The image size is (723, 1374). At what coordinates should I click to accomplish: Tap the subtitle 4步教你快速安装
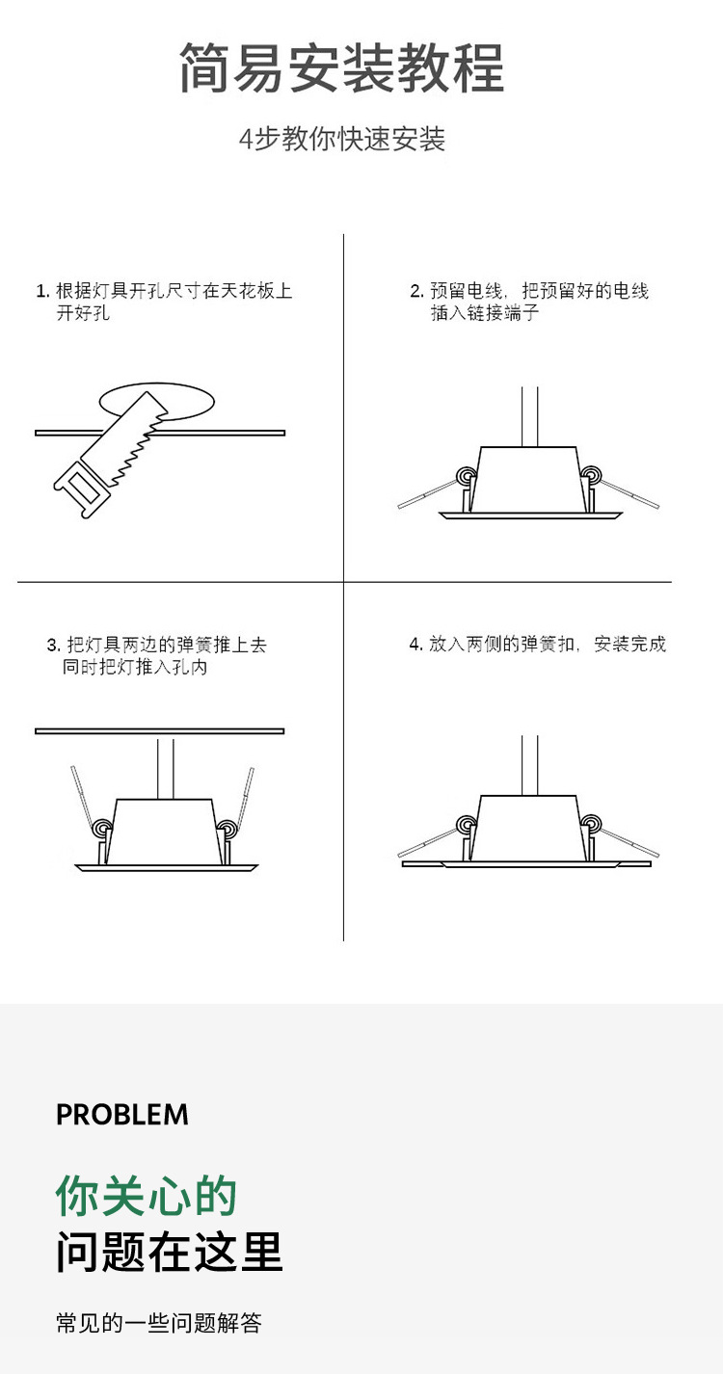[342, 139]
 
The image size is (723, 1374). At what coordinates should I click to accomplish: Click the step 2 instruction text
[529, 302]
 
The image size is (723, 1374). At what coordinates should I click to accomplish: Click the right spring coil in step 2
[590, 474]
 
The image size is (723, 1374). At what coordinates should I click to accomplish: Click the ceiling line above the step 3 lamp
[159, 731]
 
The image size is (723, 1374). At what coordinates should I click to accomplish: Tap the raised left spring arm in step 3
[81, 795]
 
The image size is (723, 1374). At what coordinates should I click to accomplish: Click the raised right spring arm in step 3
[245, 795]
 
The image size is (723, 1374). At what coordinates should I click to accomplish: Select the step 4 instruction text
[537, 644]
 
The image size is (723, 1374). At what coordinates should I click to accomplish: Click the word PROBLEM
[122, 1115]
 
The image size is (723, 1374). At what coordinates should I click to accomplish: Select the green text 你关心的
[146, 1196]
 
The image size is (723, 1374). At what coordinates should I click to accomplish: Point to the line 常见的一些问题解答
[159, 1323]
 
